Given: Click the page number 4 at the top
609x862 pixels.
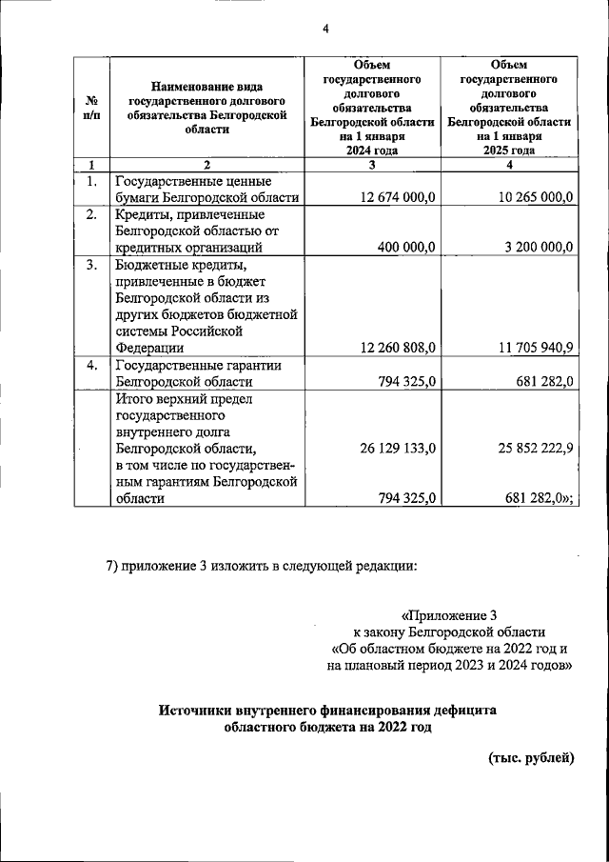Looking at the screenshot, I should click(324, 29).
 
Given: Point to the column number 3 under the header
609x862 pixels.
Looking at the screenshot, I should click(372, 165).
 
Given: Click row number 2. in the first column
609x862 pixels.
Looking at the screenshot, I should click(92, 214).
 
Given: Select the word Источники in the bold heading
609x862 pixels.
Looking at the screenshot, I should click(197, 710).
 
